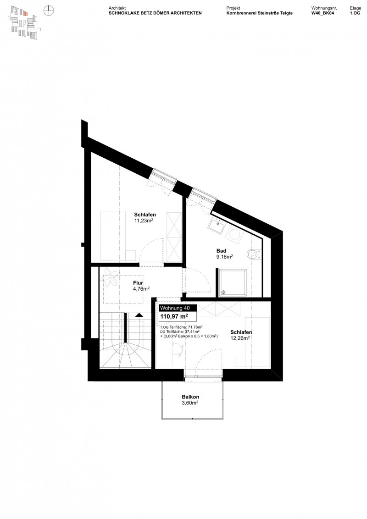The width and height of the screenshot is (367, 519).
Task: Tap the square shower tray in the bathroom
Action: coord(234,282)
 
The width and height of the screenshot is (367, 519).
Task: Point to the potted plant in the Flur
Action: coord(111,276)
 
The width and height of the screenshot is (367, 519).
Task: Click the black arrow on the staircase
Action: coord(138,315)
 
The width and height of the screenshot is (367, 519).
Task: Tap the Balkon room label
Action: coord(190,397)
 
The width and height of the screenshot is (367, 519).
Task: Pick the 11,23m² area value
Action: coord(143,221)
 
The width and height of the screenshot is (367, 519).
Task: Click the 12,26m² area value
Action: coord(240,338)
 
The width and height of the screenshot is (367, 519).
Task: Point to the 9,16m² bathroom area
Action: coord(224,257)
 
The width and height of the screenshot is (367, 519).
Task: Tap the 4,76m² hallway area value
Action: coord(141,289)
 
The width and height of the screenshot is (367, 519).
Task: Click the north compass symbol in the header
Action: coord(49,10)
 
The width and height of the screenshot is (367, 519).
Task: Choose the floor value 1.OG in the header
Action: coord(355,14)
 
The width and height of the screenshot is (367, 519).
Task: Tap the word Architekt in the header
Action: coord(117,8)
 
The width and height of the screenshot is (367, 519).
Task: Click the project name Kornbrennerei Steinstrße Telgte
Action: coord(260,14)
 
